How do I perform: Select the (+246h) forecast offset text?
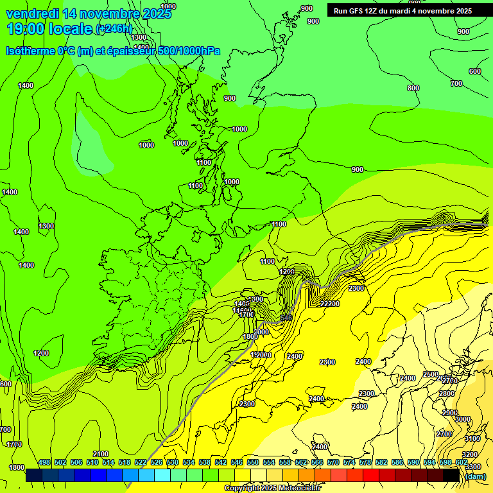coord(113,29)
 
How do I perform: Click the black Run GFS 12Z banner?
coord(402,10)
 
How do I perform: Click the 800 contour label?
coord(413,88)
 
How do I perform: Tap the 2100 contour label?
coord(101,454)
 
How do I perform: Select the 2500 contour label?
coord(430,374)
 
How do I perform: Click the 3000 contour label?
coord(462,419)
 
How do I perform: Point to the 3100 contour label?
coord(472,438)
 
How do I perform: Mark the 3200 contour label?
coord(470,454)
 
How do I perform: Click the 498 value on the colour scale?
coord(44,462)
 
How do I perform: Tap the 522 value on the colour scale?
coord(141,462)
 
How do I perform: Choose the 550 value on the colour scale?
coord(253,462)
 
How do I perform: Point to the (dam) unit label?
coord(475,476)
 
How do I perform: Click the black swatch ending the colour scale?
coord(451,476)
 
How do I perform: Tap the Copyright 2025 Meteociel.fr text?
coord(273,488)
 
